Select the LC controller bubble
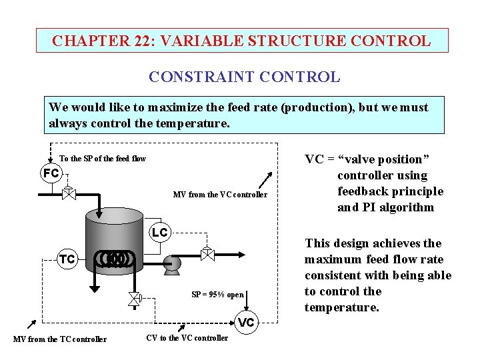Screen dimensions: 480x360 click(159, 233)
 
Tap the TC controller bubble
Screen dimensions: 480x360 click(67, 259)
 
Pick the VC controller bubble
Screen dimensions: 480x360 click(247, 322)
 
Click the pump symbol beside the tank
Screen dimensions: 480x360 click(171, 263)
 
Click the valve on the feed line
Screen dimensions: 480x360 click(68, 193)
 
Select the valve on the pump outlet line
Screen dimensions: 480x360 click(207, 255)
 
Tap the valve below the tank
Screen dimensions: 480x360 click(134, 299)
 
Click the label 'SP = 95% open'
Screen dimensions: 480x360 click(217, 295)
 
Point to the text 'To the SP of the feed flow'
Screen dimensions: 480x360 click(103, 159)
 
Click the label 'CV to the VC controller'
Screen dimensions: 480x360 click(187, 338)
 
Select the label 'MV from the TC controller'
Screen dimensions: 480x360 click(60, 339)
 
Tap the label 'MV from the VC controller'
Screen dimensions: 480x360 click(220, 195)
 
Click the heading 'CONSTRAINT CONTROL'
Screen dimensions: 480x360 click(244, 77)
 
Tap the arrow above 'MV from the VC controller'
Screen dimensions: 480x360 click(266, 178)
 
